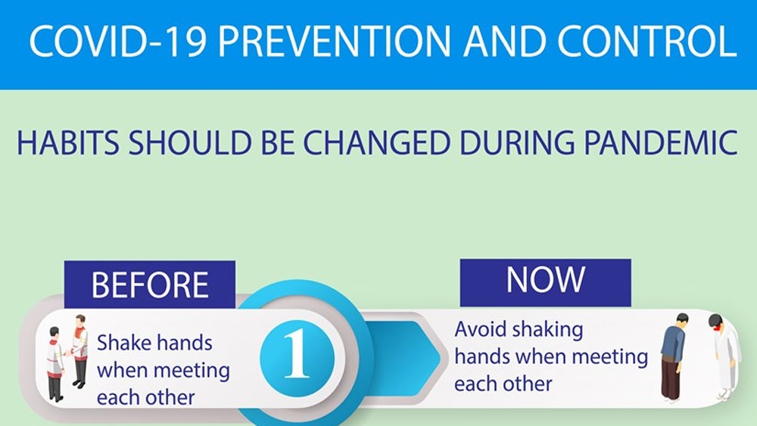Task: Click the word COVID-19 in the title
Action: (x=118, y=41)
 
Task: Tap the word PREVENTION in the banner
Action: (x=334, y=41)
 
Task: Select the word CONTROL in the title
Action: (x=646, y=41)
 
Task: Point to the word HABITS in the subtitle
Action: (x=68, y=143)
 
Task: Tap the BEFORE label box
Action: (x=150, y=285)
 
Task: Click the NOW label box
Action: (x=546, y=282)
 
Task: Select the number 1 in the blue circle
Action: (x=297, y=353)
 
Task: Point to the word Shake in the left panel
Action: (x=120, y=343)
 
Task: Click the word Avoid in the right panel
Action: (x=481, y=329)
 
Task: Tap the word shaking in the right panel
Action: (x=547, y=331)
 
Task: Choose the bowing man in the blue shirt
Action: (x=674, y=357)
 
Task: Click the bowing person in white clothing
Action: (x=723, y=356)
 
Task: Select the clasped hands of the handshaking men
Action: (x=69, y=353)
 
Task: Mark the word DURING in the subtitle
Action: (x=516, y=143)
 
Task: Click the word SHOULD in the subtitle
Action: (x=190, y=143)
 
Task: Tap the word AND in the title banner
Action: (x=504, y=41)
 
